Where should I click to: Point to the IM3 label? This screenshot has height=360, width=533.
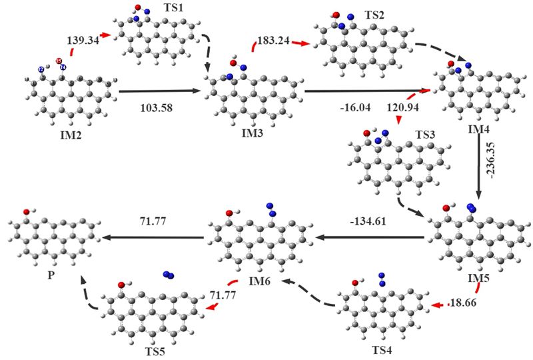point(253,134)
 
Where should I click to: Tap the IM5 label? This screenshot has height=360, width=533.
point(475,275)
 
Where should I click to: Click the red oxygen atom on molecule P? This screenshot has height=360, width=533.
point(26,211)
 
